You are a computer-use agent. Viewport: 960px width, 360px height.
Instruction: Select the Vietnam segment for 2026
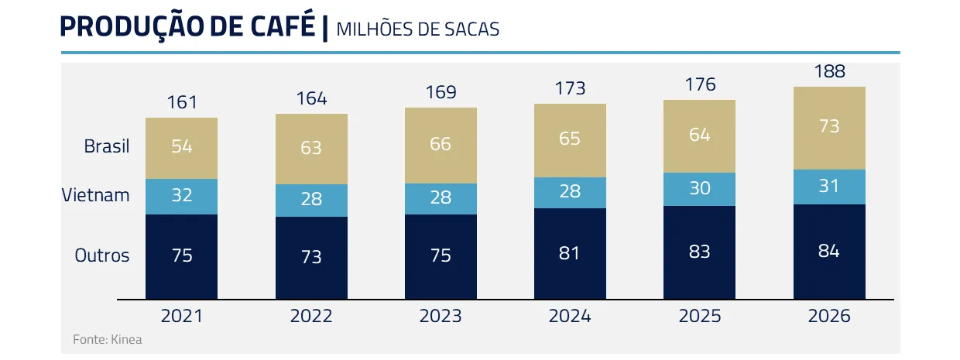pyautogui.click(x=829, y=187)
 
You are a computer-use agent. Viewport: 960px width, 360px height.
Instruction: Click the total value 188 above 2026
pyautogui.click(x=829, y=72)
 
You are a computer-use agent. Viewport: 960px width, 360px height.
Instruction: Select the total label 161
pyautogui.click(x=182, y=102)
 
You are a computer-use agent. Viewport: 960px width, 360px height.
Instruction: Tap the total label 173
pyautogui.click(x=570, y=88)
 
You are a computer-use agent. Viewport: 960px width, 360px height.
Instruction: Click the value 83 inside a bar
pyautogui.click(x=699, y=252)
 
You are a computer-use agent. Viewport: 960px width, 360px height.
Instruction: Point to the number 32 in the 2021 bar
pyautogui.click(x=182, y=195)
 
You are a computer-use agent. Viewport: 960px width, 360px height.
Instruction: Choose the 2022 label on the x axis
pyautogui.click(x=311, y=316)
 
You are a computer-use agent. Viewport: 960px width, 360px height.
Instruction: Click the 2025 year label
pyautogui.click(x=699, y=316)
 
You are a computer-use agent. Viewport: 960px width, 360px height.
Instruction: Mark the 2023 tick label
pyautogui.click(x=441, y=316)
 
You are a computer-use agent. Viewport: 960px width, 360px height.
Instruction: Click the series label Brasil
pyautogui.click(x=107, y=146)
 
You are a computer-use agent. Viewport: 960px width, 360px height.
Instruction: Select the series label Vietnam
pyautogui.click(x=96, y=195)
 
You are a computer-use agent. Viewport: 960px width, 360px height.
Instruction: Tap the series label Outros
pyautogui.click(x=102, y=255)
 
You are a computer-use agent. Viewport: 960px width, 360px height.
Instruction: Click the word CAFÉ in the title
pyautogui.click(x=273, y=27)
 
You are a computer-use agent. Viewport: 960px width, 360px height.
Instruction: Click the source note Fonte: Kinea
pyautogui.click(x=108, y=339)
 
